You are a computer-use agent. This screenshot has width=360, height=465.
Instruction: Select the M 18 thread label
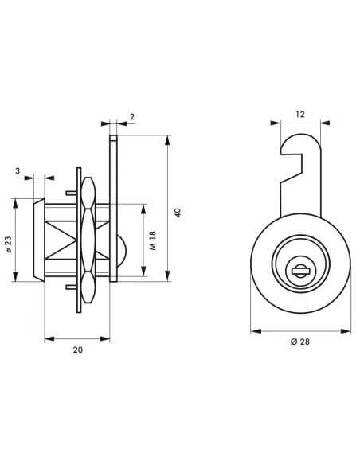[152, 241]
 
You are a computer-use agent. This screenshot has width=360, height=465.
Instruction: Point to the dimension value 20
[76, 349]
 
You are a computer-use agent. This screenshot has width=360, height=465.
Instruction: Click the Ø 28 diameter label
[299, 342]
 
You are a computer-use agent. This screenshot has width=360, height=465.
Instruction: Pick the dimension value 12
[299, 114]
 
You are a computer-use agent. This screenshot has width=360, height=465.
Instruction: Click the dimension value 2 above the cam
[131, 116]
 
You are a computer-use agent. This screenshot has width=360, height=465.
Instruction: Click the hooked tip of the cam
[291, 145]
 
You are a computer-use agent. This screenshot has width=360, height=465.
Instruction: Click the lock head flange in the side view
[38, 239]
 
